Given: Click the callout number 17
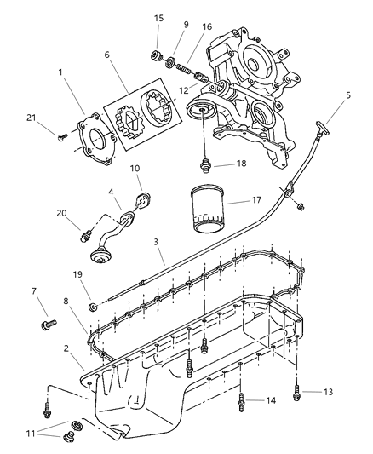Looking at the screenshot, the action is (256, 200).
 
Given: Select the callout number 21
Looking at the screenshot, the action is (32, 118).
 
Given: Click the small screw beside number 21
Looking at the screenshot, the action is (62, 136).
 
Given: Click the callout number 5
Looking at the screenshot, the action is (348, 95).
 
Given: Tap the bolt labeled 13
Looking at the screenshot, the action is (296, 393).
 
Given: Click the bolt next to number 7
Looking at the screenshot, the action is (49, 325).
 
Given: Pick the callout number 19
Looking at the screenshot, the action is (77, 274).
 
